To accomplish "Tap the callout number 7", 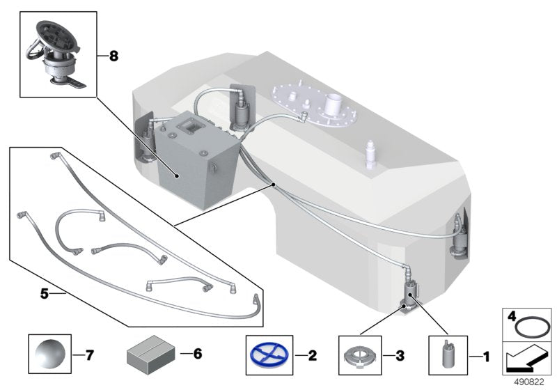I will pos(88,355).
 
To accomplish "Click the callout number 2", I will pos(312,356).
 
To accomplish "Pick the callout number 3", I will pos(399,356).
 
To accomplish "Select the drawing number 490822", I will pos(535,382).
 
